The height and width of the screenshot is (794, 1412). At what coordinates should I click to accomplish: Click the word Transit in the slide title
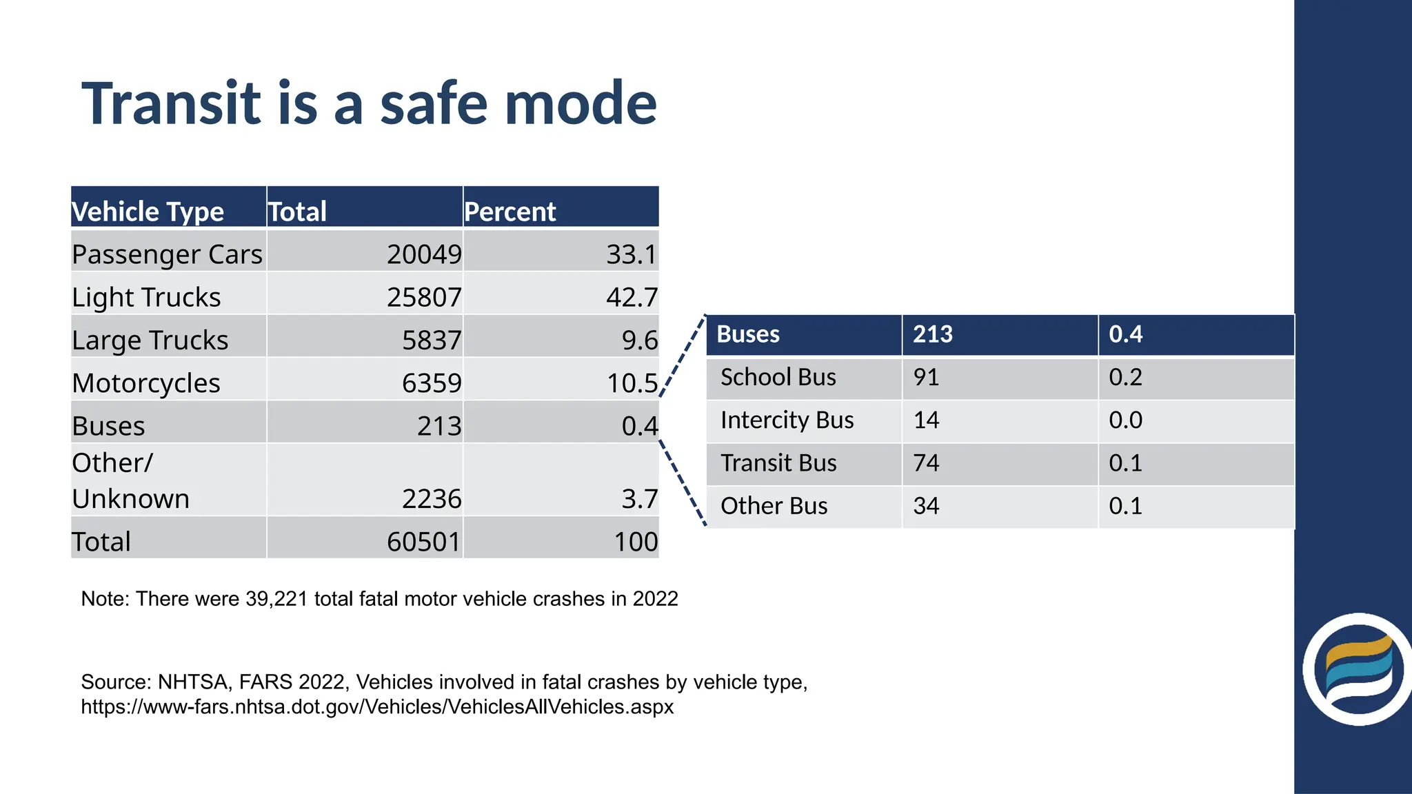click(x=172, y=104)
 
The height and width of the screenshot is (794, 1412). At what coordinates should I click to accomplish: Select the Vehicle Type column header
click(x=148, y=212)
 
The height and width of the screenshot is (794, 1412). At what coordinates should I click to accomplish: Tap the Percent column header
click(x=510, y=212)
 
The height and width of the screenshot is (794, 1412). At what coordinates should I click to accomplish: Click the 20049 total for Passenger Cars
click(x=423, y=254)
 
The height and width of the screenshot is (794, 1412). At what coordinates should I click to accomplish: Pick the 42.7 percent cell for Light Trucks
click(x=632, y=297)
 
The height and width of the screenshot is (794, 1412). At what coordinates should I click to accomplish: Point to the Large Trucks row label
click(x=150, y=340)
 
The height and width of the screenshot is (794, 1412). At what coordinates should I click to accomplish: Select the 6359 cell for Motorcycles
click(x=432, y=383)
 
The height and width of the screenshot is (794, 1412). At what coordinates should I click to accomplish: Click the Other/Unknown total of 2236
click(x=432, y=498)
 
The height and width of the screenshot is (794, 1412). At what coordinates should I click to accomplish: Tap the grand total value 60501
click(x=423, y=541)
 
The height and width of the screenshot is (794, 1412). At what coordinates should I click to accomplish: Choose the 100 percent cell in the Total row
click(x=636, y=541)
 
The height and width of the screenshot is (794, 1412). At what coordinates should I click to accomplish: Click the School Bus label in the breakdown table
click(x=778, y=377)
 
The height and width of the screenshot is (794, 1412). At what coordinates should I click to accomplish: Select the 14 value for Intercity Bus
click(x=926, y=420)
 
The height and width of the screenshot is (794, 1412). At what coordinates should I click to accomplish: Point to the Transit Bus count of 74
click(x=926, y=462)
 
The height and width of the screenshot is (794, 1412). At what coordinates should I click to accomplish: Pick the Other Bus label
click(x=774, y=506)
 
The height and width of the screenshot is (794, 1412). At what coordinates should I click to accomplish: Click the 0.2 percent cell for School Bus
click(x=1125, y=377)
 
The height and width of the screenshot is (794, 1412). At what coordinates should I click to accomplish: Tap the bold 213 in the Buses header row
click(x=932, y=334)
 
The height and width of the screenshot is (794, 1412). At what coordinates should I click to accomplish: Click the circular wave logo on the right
click(x=1357, y=669)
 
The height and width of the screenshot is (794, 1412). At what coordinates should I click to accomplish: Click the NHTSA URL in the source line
click(x=377, y=706)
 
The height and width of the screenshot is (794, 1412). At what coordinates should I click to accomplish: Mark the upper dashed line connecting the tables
click(x=683, y=357)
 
